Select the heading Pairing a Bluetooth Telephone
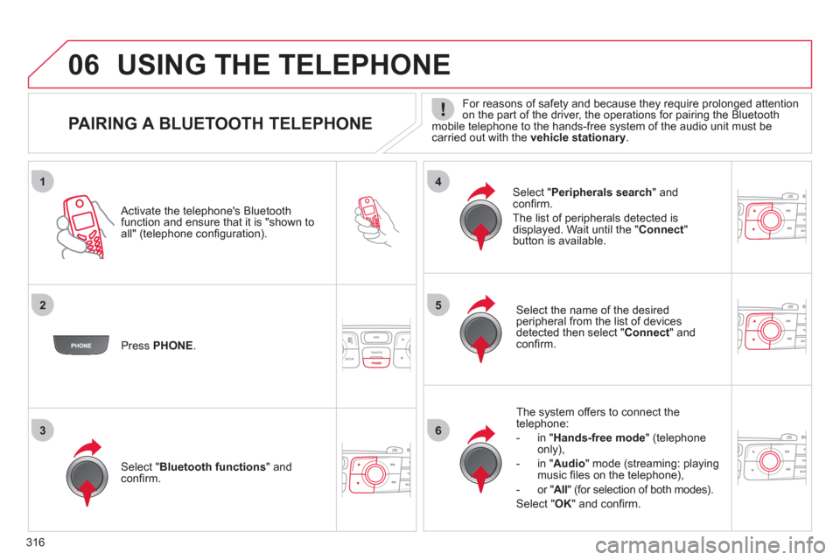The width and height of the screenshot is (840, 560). tap(218, 124)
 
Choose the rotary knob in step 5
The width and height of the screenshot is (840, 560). tap(480, 329)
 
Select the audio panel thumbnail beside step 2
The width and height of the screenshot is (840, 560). tap(376, 347)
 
